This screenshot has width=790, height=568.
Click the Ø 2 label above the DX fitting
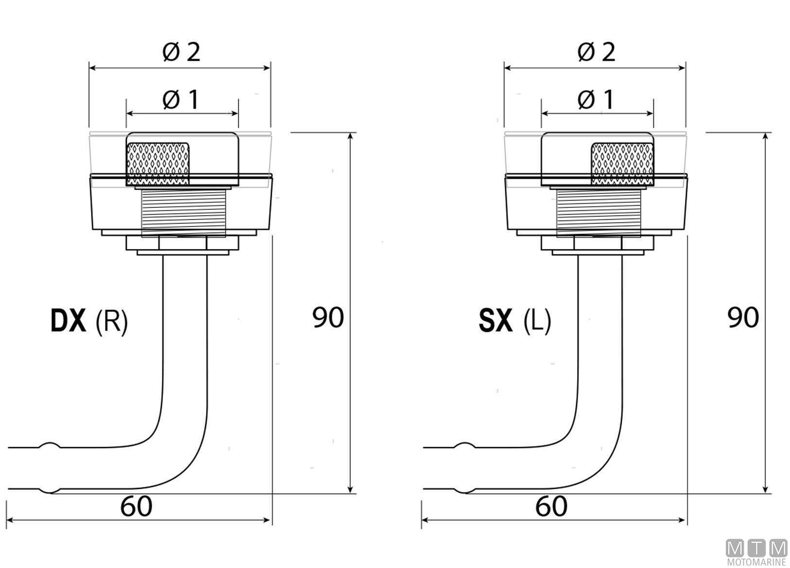(x=181, y=52)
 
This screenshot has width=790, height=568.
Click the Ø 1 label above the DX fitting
(x=180, y=100)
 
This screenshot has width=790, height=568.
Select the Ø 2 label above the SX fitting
(x=597, y=52)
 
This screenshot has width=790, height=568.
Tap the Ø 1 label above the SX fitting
(x=596, y=100)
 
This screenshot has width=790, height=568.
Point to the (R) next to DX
(x=111, y=322)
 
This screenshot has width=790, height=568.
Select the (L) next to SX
(x=537, y=322)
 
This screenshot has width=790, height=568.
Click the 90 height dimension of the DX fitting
(x=328, y=317)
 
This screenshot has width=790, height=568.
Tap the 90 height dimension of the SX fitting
(x=743, y=317)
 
